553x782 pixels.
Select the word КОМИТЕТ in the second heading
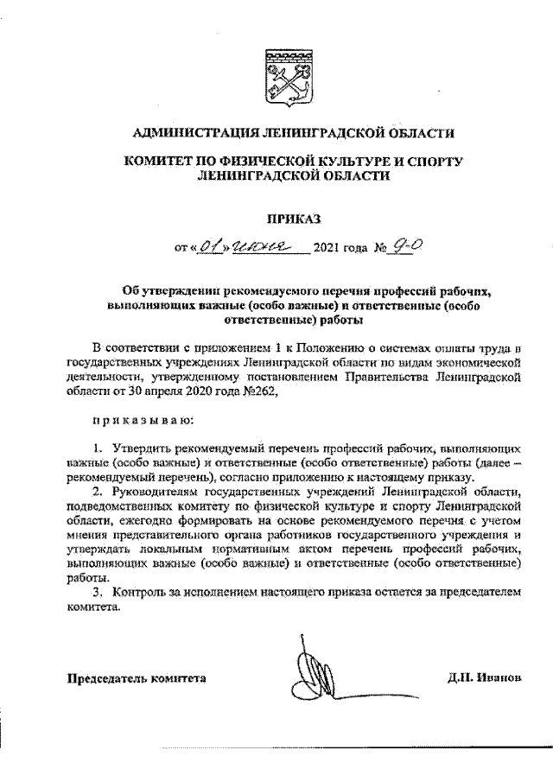[163, 161]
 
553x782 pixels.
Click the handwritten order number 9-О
[404, 247]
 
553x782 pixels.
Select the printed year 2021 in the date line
[332, 251]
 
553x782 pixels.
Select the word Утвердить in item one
[142, 449]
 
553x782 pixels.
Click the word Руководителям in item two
[157, 491]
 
